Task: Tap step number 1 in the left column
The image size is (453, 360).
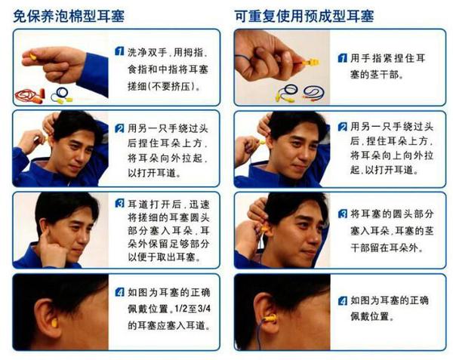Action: click(119, 50)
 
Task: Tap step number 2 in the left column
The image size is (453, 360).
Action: click(119, 128)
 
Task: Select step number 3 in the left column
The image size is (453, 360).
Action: click(119, 203)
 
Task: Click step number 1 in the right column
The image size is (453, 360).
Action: click(343, 57)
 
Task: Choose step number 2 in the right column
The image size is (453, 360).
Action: click(343, 127)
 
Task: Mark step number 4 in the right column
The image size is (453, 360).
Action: click(343, 300)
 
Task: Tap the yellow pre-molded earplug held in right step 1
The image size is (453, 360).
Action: click(310, 61)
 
